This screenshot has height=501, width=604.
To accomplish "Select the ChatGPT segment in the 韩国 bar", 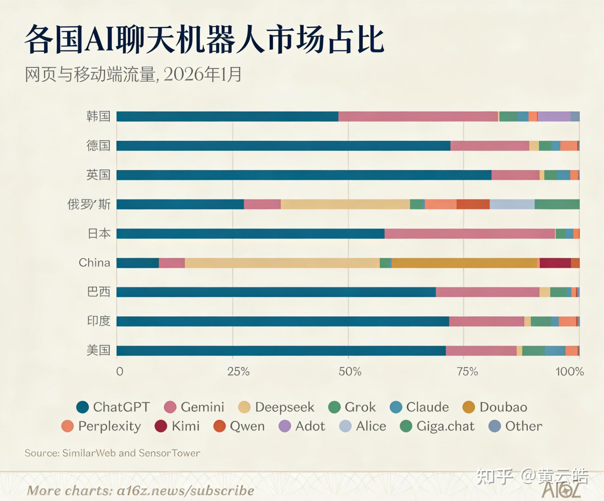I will click(x=227, y=116).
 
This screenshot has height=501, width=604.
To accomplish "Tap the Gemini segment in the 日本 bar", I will click(x=469, y=234).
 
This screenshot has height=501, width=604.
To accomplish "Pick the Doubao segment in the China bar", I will click(x=464, y=263).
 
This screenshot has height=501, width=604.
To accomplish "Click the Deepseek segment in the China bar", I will click(x=282, y=263).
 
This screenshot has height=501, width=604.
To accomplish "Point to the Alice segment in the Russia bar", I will click(x=512, y=204).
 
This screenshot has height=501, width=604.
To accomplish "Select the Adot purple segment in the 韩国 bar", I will click(x=554, y=116).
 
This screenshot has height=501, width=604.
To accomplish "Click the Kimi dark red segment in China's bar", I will click(x=555, y=263).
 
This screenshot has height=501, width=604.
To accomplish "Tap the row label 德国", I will click(x=98, y=146).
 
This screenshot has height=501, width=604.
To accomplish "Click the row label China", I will click(x=94, y=263).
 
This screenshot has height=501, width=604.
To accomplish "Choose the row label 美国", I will click(x=98, y=350).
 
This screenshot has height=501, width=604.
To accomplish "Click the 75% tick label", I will click(x=467, y=372).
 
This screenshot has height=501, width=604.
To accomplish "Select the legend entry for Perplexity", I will click(x=101, y=426).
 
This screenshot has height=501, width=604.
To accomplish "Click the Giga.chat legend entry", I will click(x=437, y=426).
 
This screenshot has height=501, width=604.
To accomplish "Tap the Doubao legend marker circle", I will click(x=469, y=407).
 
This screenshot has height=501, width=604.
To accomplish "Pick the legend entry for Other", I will click(x=515, y=426).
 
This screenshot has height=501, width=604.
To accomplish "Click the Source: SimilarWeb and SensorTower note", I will click(x=112, y=453).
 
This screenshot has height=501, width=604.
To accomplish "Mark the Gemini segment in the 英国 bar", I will click(x=515, y=175).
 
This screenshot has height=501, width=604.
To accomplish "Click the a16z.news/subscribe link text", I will click(x=185, y=491).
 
